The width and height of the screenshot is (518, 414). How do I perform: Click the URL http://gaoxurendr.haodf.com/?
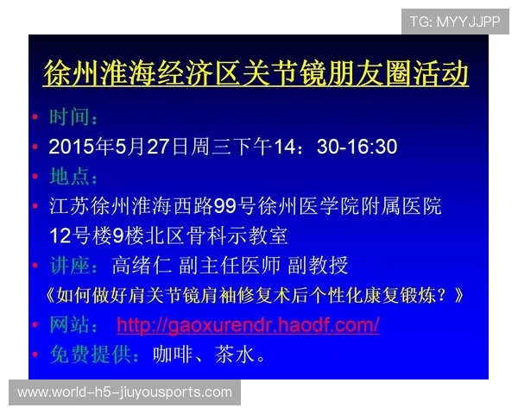click(248, 325)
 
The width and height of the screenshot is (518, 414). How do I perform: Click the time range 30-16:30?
click(357, 147)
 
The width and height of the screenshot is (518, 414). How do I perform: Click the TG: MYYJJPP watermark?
click(455, 22)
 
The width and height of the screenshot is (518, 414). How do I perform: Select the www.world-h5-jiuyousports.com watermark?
click(124, 392)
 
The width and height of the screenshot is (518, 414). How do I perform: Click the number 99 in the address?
click(225, 207)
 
